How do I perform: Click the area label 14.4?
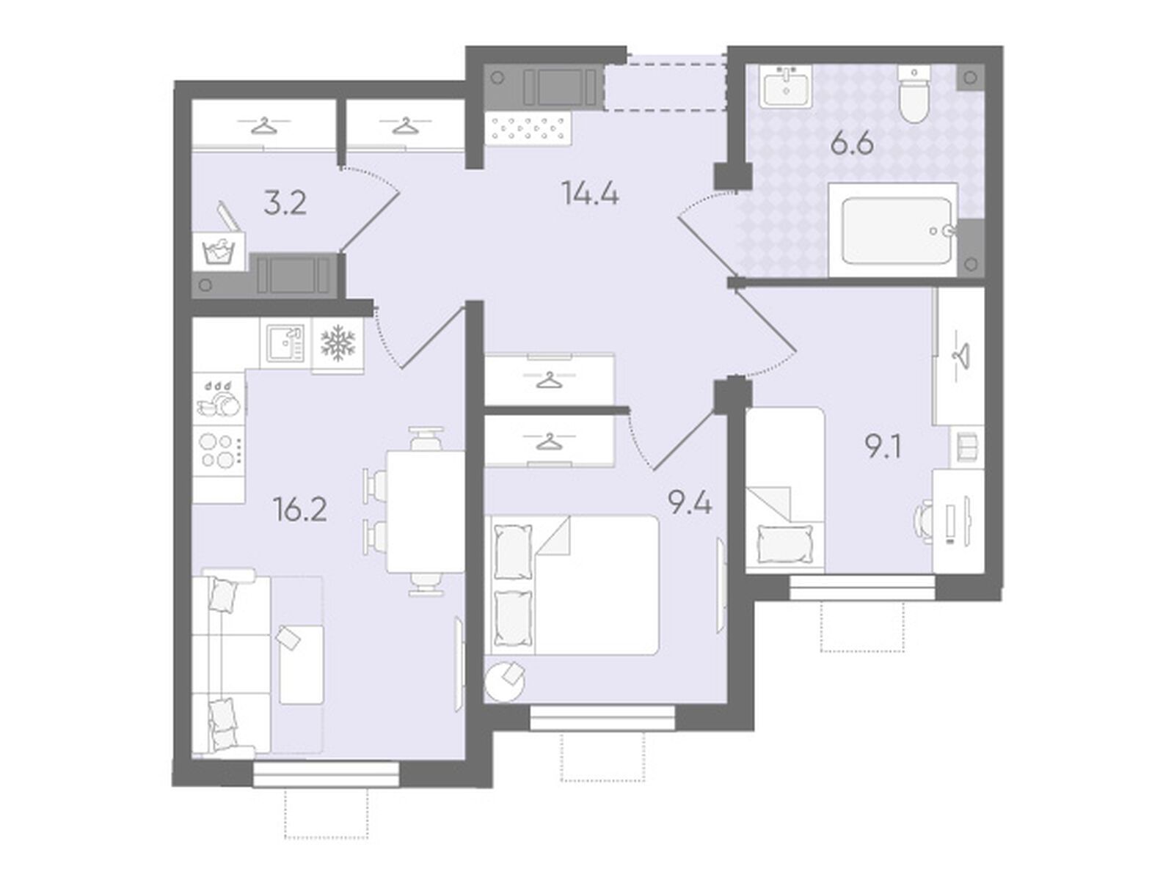tap(590, 193)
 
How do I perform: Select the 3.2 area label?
tap(285, 204)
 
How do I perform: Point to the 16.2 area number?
tap(299, 509)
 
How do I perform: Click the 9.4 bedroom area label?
tap(690, 503)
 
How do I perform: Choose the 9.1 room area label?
tap(883, 447)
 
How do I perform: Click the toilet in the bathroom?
tap(914, 94)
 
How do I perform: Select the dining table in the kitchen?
tap(425, 511)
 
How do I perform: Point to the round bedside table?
tap(504, 681)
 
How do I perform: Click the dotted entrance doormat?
tap(528, 128)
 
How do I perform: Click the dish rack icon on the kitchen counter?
tap(219, 398)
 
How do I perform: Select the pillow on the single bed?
tap(784, 543)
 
